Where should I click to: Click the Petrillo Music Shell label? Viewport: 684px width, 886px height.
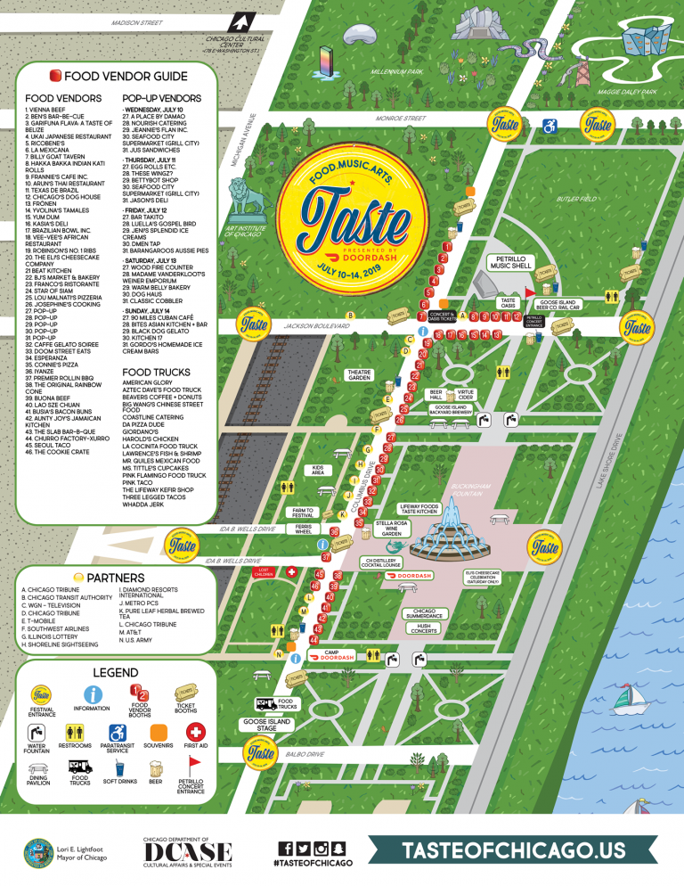click(509, 262)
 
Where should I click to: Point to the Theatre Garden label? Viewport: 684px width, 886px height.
click(359, 375)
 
